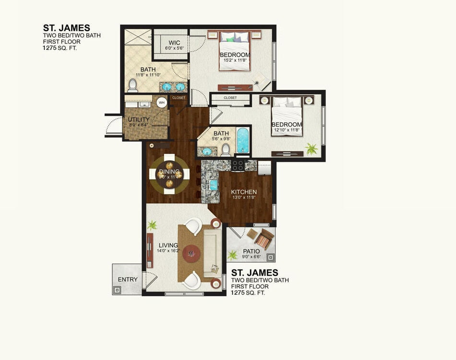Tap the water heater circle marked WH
pos(162,102)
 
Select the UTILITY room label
pos(139,120)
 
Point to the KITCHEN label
pos(244,192)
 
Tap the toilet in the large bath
pos(133,85)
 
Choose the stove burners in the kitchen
pos(238,165)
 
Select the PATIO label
pos(251,251)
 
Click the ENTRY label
pos(128,279)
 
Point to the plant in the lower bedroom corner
pos(312,149)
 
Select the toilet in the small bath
pos(225,150)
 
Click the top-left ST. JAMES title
pos(66,28)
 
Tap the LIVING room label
pos(168,245)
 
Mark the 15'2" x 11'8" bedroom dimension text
pos(235,61)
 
